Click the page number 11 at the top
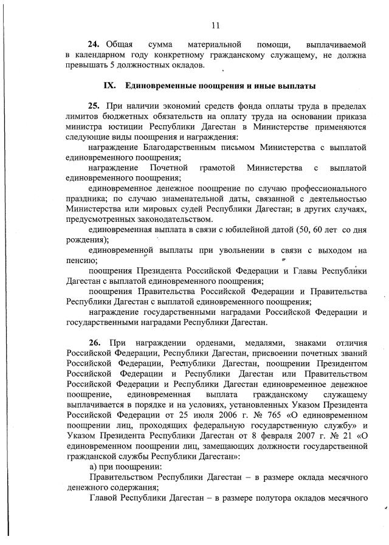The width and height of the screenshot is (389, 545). tap(215, 25)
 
